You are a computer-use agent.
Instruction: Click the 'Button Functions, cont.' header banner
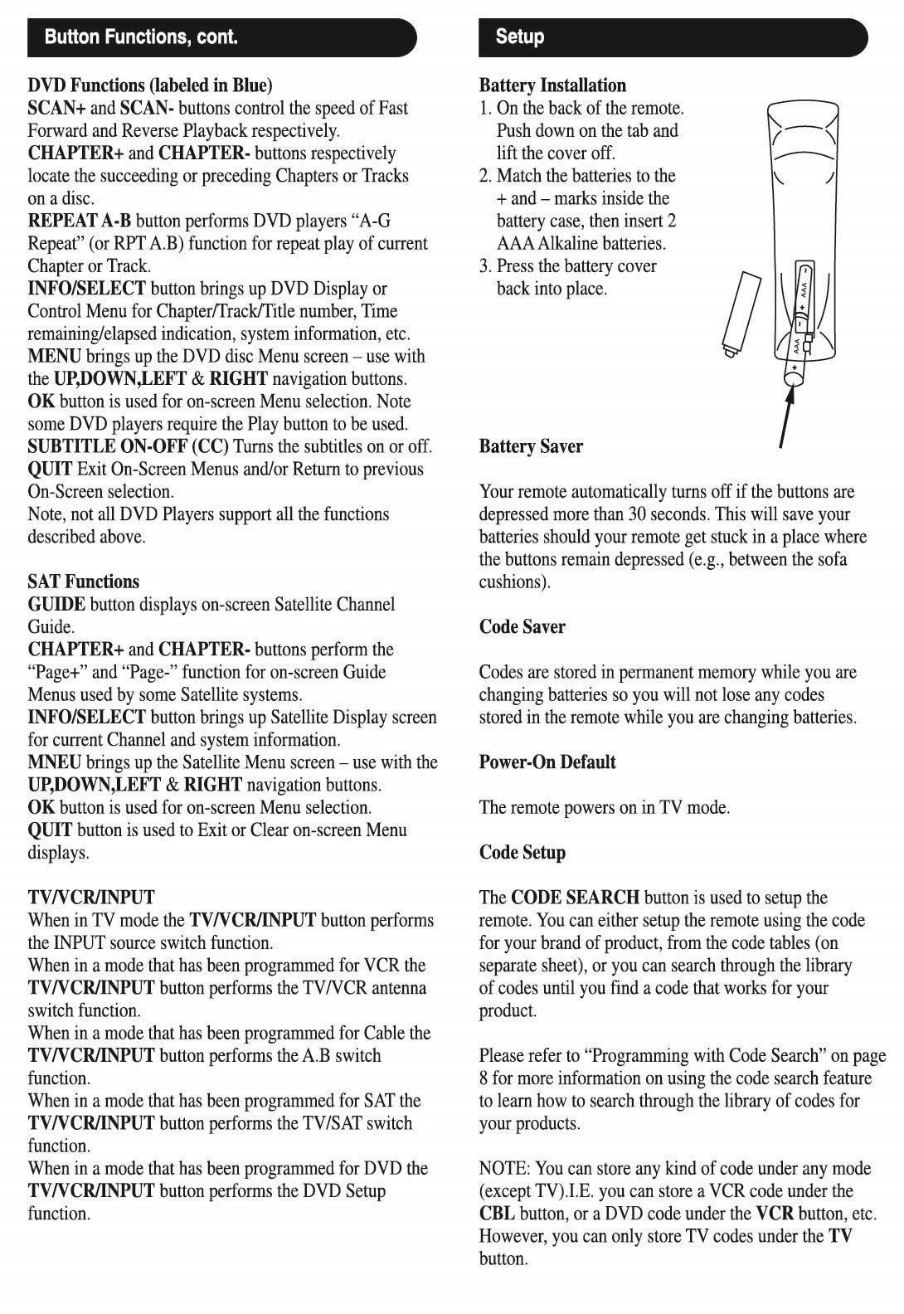click(x=222, y=37)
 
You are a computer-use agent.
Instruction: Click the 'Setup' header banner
click(x=673, y=37)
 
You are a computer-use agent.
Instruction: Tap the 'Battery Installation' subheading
click(x=552, y=85)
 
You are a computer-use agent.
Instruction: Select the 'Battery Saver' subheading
click(x=531, y=446)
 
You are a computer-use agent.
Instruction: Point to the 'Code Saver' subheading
click(x=522, y=627)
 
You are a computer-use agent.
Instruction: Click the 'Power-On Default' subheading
click(x=547, y=762)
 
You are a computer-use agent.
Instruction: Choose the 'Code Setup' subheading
click(x=522, y=853)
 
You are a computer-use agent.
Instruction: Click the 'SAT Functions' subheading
click(x=84, y=582)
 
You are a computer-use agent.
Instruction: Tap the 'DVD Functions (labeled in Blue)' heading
click(x=150, y=85)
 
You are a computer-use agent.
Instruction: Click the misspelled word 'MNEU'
click(x=55, y=762)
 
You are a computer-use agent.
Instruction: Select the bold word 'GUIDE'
click(x=56, y=605)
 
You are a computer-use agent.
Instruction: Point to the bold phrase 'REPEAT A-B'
click(x=80, y=221)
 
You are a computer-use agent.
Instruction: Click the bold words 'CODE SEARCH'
click(x=576, y=898)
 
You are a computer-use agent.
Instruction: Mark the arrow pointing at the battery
click(x=786, y=415)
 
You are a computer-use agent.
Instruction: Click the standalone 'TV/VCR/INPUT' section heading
click(x=91, y=898)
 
